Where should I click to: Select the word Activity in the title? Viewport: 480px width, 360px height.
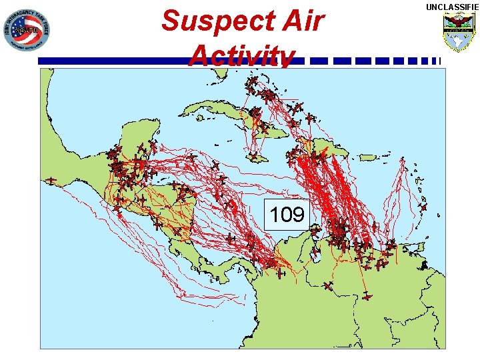click(241, 56)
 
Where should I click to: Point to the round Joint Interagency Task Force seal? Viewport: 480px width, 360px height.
click(26, 31)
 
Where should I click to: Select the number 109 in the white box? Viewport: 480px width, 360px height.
click(287, 214)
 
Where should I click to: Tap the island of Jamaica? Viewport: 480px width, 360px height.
click(255, 157)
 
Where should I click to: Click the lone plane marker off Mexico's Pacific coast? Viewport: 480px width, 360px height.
click(51, 180)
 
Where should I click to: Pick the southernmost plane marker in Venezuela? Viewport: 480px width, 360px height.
click(367, 296)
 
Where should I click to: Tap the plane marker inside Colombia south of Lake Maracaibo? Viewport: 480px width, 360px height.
click(327, 285)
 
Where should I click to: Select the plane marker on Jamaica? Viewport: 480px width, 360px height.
click(253, 157)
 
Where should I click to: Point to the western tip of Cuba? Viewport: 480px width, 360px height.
click(184, 112)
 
